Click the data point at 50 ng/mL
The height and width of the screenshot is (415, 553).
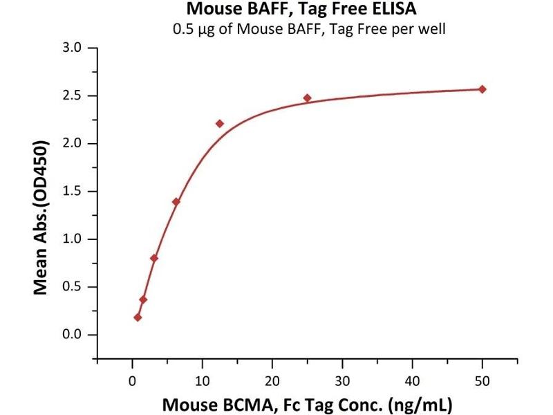click(x=482, y=89)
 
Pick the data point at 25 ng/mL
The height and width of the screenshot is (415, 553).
click(x=307, y=98)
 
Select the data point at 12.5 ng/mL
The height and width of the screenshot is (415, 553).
click(x=220, y=124)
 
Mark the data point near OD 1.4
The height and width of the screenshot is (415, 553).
click(x=176, y=202)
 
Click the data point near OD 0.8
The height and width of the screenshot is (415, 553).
click(x=154, y=258)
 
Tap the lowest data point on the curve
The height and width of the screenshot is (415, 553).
click(x=138, y=317)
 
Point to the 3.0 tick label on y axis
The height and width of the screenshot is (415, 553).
click(x=72, y=48)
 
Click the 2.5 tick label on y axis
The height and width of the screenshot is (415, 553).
click(x=72, y=96)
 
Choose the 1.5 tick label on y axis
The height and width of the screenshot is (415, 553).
click(x=72, y=192)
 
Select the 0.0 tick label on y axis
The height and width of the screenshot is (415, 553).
click(x=72, y=335)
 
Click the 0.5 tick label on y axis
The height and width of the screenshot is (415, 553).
click(x=72, y=287)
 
